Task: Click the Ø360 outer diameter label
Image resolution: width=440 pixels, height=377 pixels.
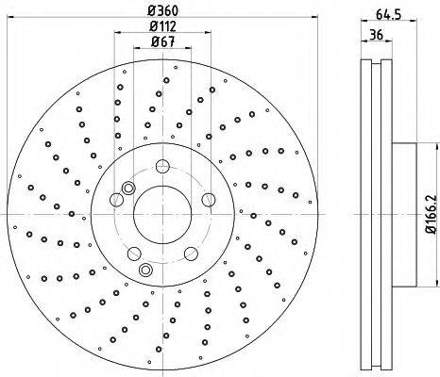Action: point(163,11)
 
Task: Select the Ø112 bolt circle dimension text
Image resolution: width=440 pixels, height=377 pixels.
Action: point(162,26)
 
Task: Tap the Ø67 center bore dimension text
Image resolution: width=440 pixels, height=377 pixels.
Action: point(162,41)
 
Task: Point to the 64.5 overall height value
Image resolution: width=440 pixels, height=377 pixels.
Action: point(388,14)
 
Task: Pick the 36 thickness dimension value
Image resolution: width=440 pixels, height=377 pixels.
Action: point(376,35)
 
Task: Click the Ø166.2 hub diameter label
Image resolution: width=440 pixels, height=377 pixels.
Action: point(432,214)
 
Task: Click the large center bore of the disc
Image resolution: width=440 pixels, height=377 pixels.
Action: point(162,214)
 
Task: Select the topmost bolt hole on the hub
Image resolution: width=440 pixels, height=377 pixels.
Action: point(162,166)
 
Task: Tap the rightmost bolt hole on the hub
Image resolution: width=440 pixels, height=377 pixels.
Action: point(209,200)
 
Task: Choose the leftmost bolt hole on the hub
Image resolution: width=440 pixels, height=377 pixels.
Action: point(116,200)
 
